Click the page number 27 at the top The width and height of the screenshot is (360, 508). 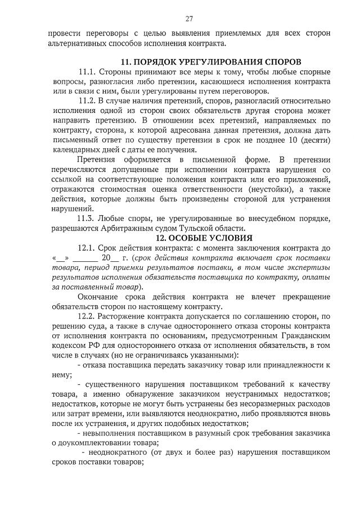(189, 18)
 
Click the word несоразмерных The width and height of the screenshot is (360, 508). (255, 405)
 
